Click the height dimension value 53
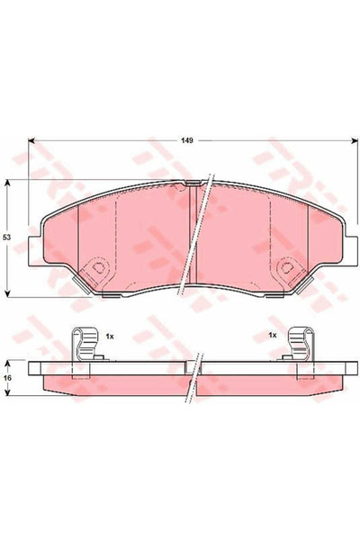pyautogui.click(x=6, y=238)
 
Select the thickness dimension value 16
pyautogui.click(x=6, y=379)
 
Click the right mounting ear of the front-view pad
pyautogui.click(x=346, y=243)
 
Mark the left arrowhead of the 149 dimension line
pyautogui.click(x=32, y=140)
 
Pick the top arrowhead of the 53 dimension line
pyautogui.click(x=8, y=181)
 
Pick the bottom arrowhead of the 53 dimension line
pyautogui.click(x=8, y=295)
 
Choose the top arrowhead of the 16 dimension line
pyautogui.click(x=8, y=362)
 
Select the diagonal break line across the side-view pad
pyautogui.click(x=195, y=378)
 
